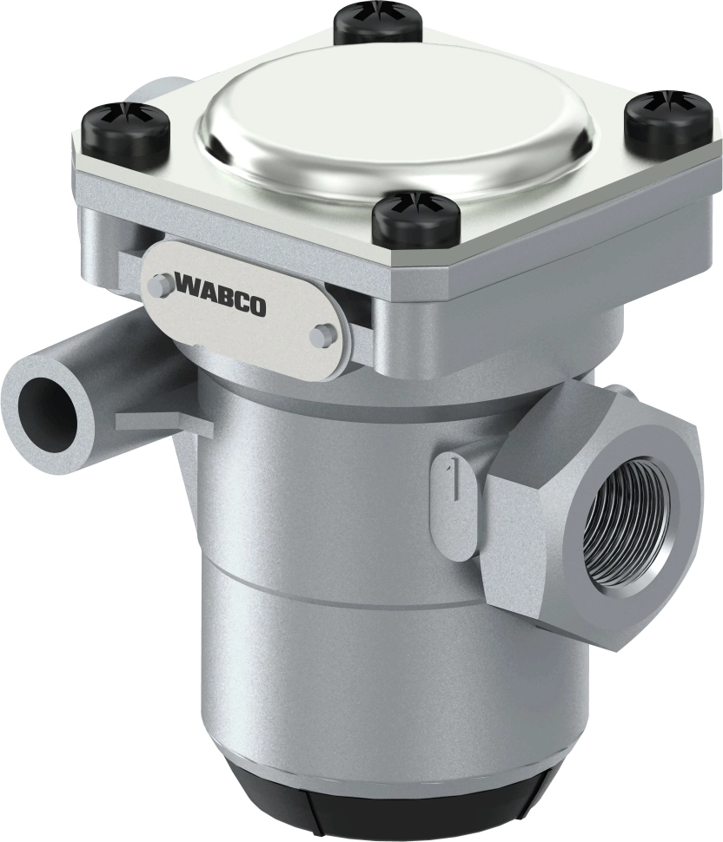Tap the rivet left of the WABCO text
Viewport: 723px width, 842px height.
(162, 285)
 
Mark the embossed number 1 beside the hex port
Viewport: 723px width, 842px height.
(449, 477)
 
